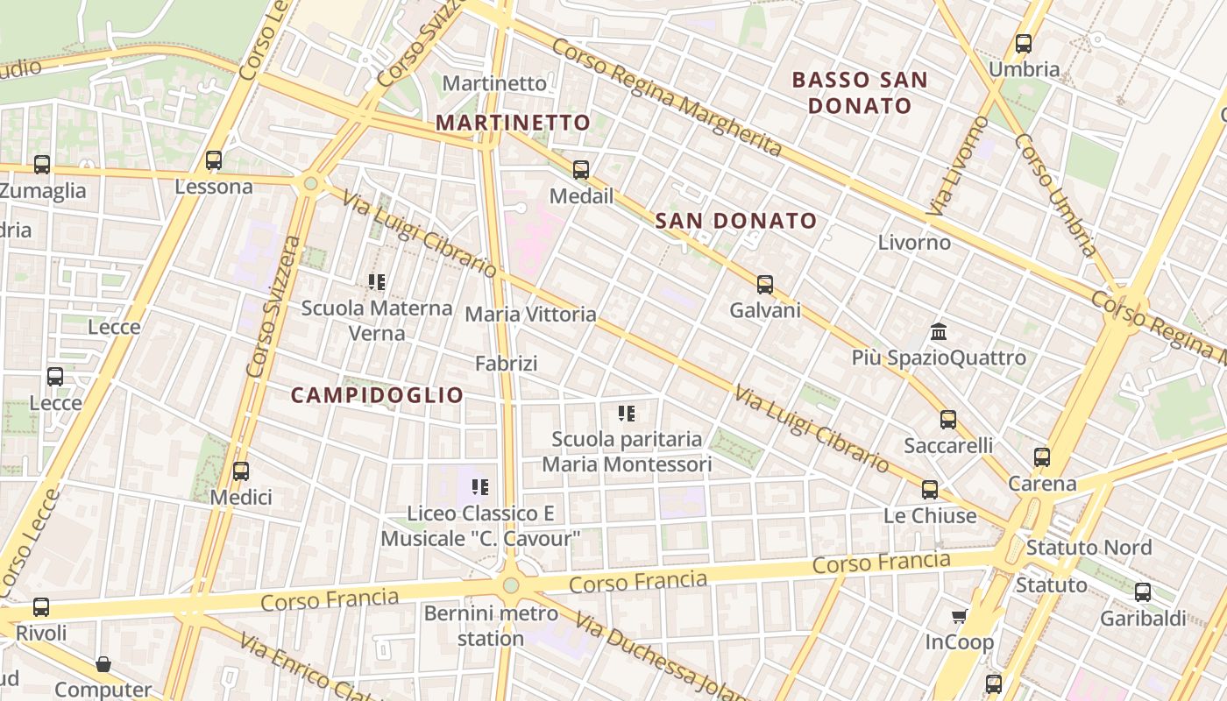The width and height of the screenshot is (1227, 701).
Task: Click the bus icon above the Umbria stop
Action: click(1023, 43)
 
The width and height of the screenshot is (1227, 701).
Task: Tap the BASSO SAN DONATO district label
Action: click(860, 93)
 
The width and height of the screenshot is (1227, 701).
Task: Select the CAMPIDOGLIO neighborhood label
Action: click(377, 395)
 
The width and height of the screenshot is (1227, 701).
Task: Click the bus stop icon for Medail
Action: click(580, 170)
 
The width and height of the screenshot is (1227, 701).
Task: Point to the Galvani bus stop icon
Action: click(765, 284)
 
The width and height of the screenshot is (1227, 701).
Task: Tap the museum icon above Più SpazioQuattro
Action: click(939, 332)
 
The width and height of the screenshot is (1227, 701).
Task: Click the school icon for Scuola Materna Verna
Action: click(377, 282)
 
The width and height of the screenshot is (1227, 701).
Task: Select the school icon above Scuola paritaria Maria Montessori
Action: click(626, 413)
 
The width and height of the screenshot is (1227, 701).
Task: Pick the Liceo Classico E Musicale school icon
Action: click(479, 486)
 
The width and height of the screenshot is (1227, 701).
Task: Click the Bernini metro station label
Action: click(491, 626)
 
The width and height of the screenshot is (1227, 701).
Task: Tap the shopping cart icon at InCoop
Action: click(960, 616)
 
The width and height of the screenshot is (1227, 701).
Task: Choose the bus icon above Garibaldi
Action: click(1143, 592)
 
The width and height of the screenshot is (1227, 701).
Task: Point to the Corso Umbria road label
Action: click(1055, 195)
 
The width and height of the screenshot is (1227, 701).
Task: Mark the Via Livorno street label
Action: click(956, 166)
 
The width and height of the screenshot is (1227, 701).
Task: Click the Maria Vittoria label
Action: click(530, 314)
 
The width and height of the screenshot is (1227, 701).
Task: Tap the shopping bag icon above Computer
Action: click(103, 664)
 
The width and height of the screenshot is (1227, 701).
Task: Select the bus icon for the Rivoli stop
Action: click(41, 606)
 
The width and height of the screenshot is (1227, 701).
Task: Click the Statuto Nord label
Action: click(1089, 548)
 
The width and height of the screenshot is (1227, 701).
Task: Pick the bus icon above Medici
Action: click(241, 471)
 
